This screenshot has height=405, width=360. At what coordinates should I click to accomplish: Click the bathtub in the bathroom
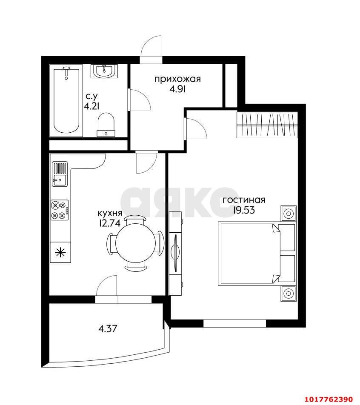coord(66,100)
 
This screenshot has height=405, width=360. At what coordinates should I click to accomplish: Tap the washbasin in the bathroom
coord(104,71)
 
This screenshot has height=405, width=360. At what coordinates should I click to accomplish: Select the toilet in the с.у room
coord(106,124)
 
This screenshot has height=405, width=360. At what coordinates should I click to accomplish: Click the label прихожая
coord(177,79)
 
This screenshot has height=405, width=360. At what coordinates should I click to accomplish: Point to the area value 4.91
coord(177,89)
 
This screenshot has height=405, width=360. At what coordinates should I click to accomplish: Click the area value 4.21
coord(91,106)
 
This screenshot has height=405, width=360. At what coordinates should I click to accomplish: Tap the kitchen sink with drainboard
coord(60,174)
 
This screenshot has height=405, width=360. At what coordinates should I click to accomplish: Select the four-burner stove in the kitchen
coord(60,210)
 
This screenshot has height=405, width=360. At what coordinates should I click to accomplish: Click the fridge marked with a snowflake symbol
coord(60,252)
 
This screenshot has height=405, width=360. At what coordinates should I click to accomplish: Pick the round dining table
coord(135,243)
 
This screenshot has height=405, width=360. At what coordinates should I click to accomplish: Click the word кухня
coord(110,214)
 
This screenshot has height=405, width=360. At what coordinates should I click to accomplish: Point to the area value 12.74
coord(110,223)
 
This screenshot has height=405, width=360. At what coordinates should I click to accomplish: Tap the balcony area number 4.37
coord(108,328)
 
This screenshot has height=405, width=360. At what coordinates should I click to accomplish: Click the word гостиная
coord(244,200)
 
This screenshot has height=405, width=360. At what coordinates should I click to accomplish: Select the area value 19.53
coord(244,210)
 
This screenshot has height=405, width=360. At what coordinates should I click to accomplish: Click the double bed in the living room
coord(257,254)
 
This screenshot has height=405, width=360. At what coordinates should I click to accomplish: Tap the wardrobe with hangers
coord(267,125)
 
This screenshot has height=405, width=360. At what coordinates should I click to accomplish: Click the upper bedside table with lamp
coord(289,214)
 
